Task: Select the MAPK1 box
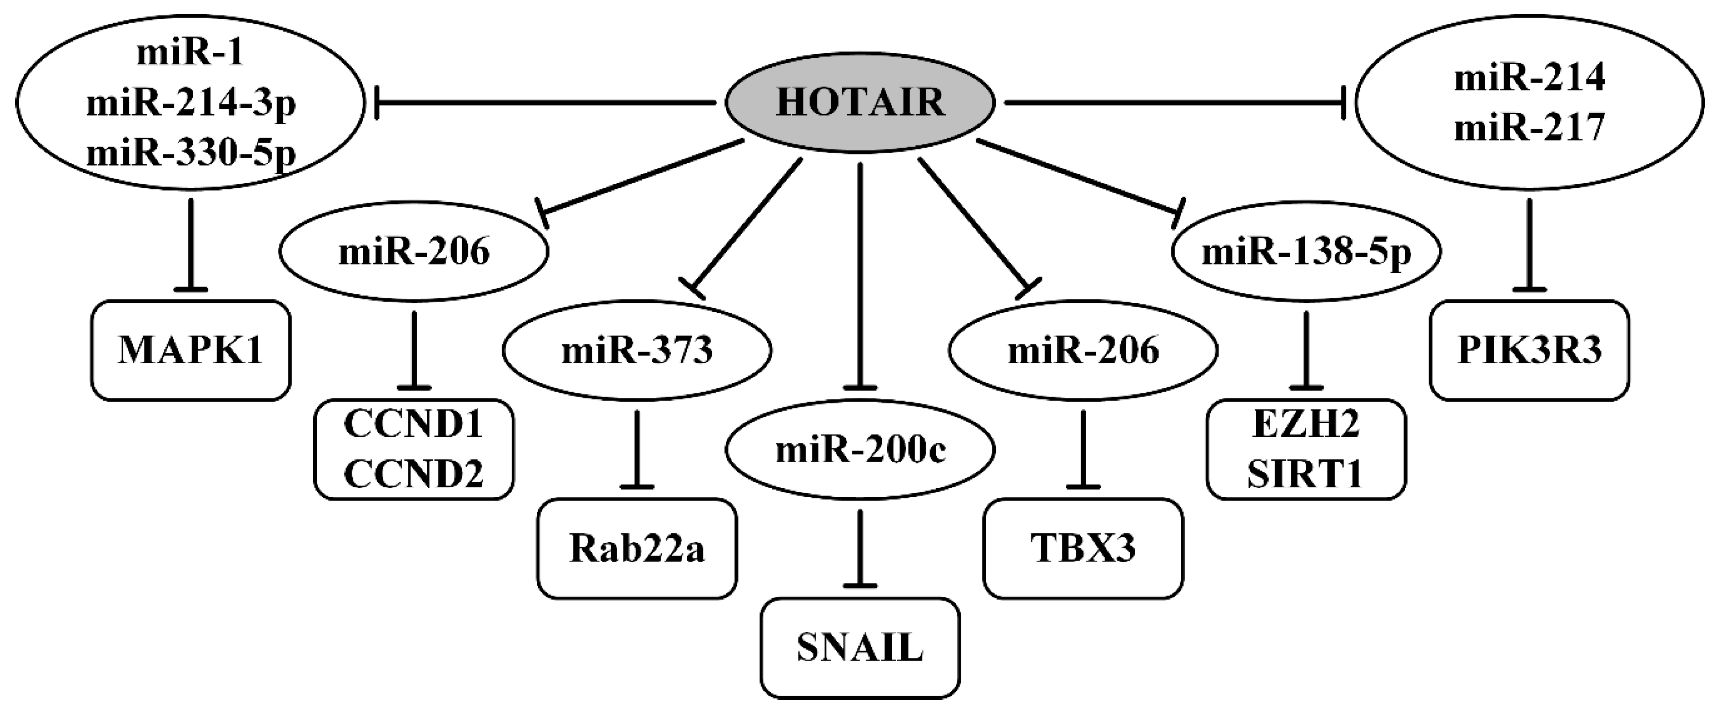191,350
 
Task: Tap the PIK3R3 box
1530,350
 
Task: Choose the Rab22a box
637,548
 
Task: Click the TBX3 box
1083,548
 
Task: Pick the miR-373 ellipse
637,350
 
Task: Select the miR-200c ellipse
860,449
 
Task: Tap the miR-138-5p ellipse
1306,252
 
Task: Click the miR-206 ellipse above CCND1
414,252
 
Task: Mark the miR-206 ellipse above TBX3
1083,350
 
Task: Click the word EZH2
1306,424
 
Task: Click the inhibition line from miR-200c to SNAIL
860,548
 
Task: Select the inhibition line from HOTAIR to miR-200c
860,274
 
